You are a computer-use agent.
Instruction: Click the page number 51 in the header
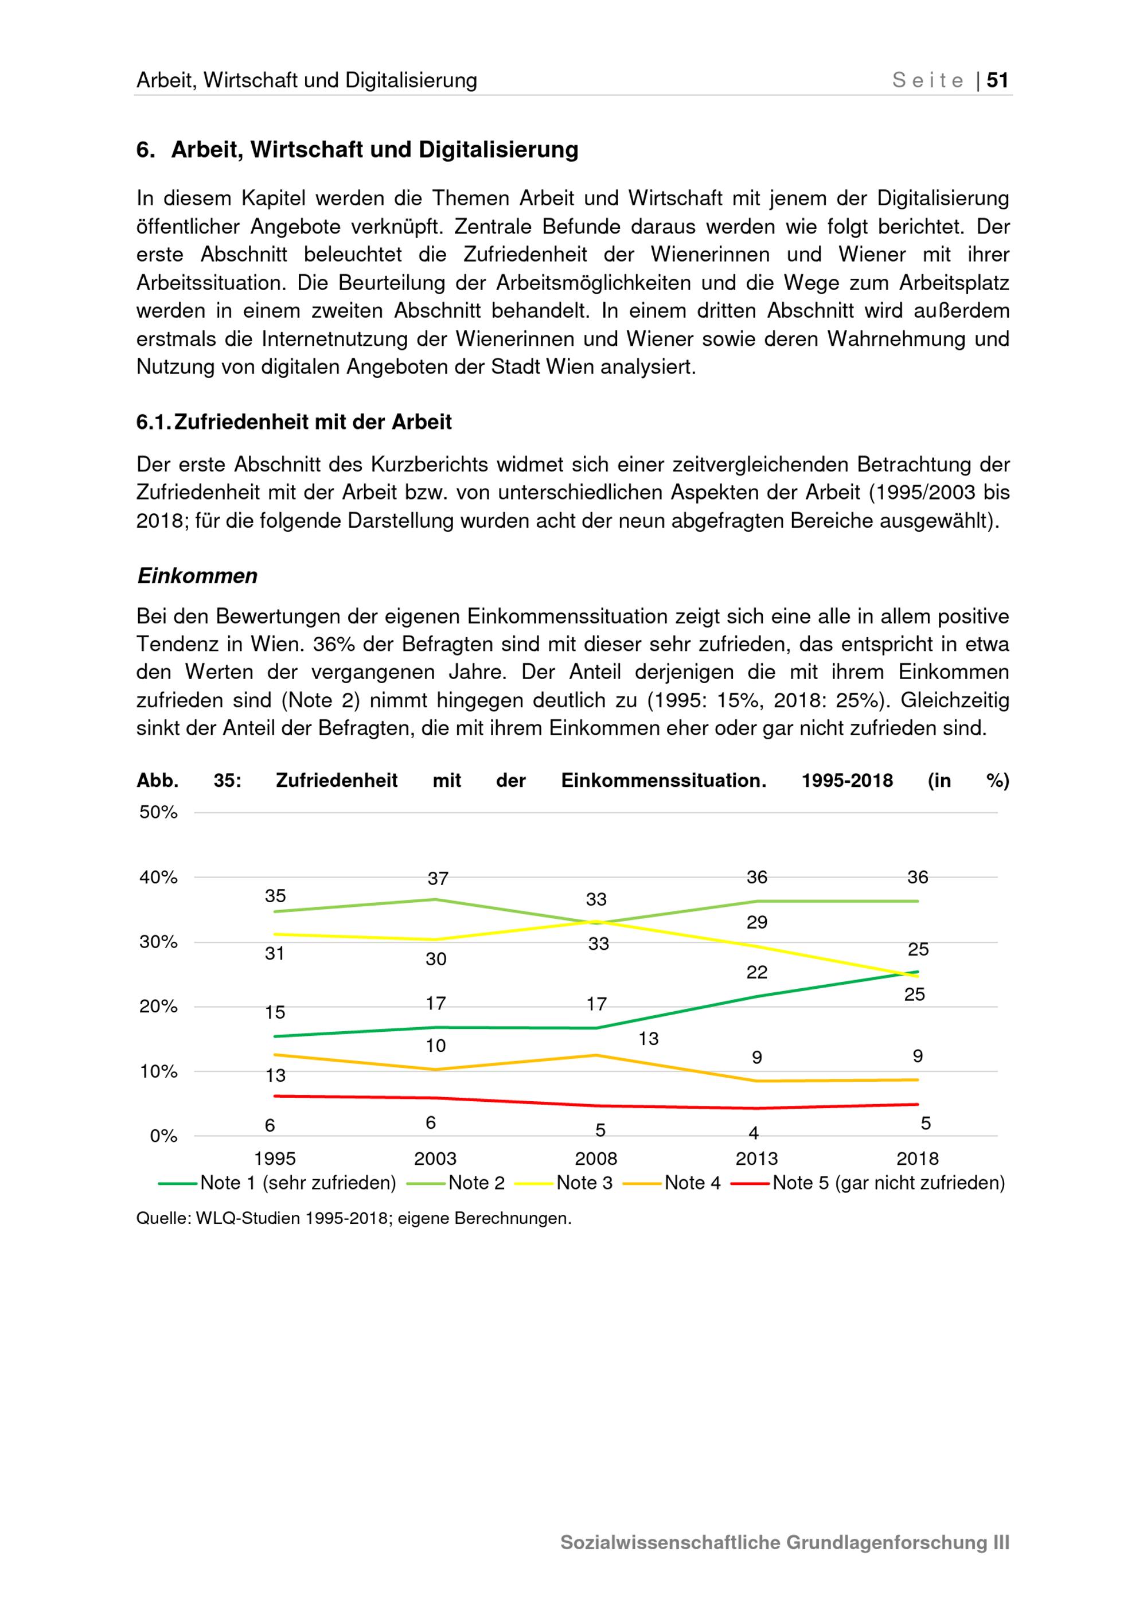(x=997, y=80)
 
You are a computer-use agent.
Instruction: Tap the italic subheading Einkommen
(x=197, y=576)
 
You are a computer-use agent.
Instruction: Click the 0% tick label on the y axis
(x=163, y=1136)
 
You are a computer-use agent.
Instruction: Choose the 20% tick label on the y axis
(x=158, y=1006)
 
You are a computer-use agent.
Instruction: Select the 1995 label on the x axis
(x=275, y=1159)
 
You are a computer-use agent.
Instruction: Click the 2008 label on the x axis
(x=596, y=1159)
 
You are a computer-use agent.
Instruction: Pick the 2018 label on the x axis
(x=918, y=1159)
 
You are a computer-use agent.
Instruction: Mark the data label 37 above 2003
(x=438, y=878)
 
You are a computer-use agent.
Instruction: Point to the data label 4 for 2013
(x=754, y=1133)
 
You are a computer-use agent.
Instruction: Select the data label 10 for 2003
(x=436, y=1046)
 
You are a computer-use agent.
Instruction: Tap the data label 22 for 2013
(x=756, y=972)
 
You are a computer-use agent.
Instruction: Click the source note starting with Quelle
(x=354, y=1219)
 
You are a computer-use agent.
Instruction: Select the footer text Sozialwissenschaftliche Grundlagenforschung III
(x=785, y=1542)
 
